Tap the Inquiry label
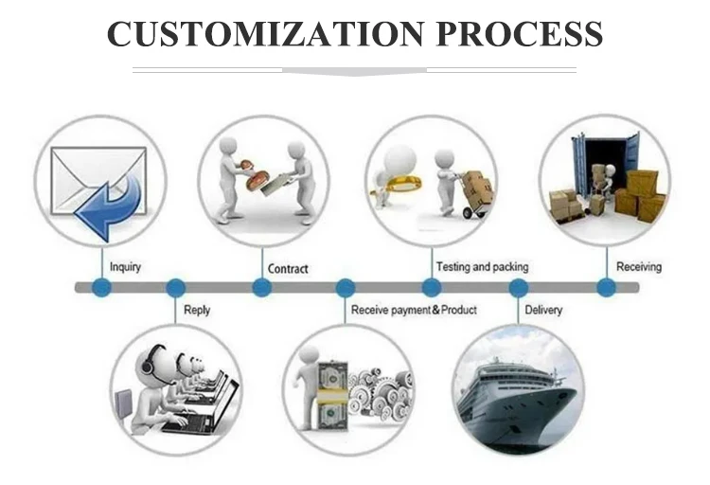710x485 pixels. tap(125, 267)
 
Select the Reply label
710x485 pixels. tap(197, 310)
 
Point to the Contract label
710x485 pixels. tap(288, 269)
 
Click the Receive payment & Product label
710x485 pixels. tap(414, 310)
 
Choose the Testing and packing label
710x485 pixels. tap(482, 267)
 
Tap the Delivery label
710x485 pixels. tap(543, 310)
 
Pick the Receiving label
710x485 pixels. tap(639, 267)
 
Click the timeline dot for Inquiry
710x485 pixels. tap(101, 287)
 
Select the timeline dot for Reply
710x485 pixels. tap(175, 287)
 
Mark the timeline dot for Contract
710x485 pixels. tap(262, 287)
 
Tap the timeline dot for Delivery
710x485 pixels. tap(519, 287)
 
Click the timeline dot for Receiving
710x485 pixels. tap(606, 287)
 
